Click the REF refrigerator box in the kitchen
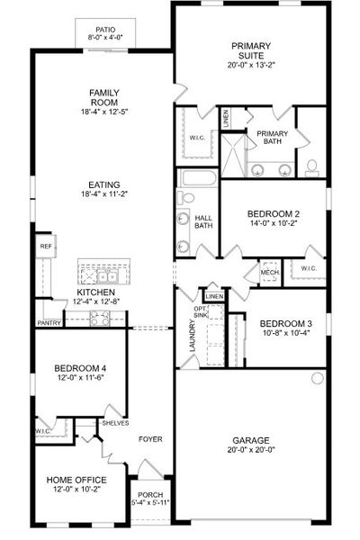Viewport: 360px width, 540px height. point(44,245)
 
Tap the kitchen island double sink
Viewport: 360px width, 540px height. point(103,274)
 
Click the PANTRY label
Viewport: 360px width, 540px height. point(48,322)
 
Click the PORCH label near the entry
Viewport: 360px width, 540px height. point(149,494)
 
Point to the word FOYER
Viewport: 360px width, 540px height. point(149,440)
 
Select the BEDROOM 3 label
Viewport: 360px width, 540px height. point(286,324)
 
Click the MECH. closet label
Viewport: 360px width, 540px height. point(269,272)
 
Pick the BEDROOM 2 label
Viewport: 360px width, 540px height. point(274,214)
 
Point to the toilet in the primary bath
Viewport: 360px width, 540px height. point(312,166)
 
